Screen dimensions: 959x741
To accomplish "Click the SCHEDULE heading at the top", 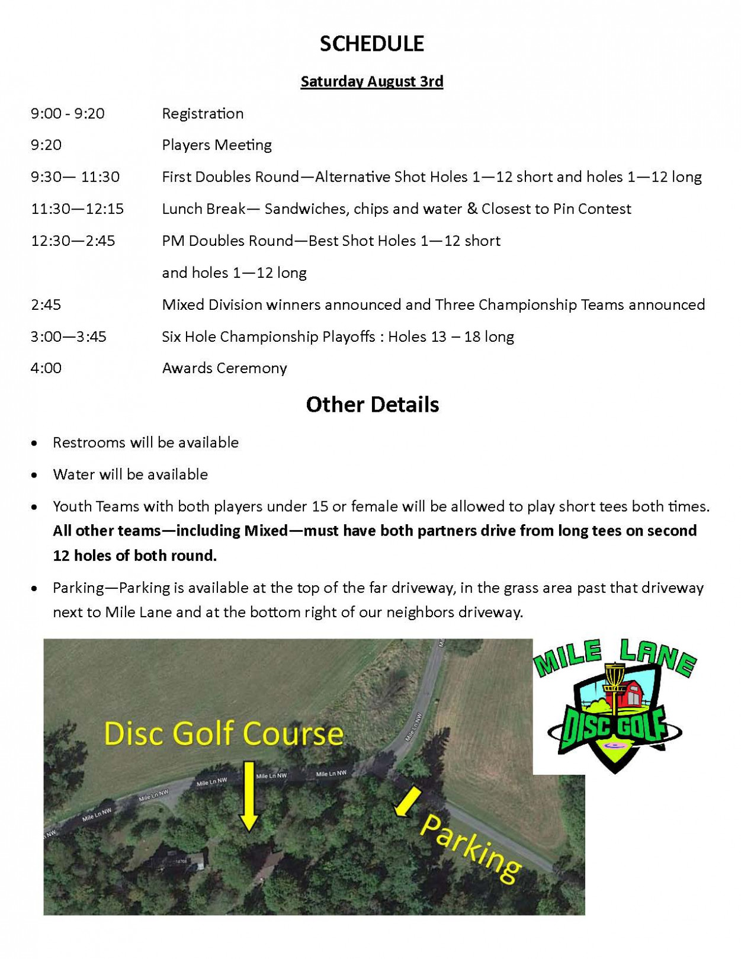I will coord(371,44).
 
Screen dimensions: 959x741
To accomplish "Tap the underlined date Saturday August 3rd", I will coord(371,81).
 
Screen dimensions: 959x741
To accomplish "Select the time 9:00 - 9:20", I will coord(68,113).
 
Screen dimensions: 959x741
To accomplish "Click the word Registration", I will coord(203,113).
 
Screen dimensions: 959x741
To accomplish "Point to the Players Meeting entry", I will coord(217,145).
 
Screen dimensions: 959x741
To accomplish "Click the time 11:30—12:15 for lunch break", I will coord(77,209).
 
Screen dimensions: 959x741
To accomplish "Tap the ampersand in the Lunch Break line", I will coord(472,208).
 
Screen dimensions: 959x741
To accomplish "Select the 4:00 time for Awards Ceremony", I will coord(46,368).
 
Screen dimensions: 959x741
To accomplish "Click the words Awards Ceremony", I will coord(224,368).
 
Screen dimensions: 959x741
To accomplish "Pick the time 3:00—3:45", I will coord(68,336).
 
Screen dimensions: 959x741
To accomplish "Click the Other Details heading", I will coord(372,405).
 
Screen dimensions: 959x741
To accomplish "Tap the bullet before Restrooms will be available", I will coord(36,443).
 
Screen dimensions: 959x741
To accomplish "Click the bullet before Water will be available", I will coord(36,475).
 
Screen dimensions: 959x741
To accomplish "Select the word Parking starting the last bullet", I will coord(78,588).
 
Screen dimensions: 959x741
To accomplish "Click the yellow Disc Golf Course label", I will coord(223,733).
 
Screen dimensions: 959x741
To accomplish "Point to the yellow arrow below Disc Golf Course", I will coord(249,797).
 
